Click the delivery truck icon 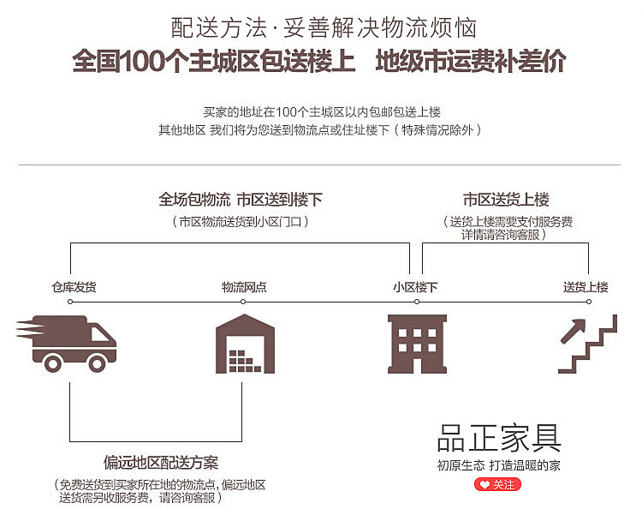click(67, 343)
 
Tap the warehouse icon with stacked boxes click(244, 344)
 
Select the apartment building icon click(417, 344)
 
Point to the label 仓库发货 click(74, 287)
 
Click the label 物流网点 click(244, 287)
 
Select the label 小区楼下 click(415, 287)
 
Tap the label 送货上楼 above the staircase click(586, 287)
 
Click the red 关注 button click(497, 485)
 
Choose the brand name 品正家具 click(499, 438)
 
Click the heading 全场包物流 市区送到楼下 click(241, 200)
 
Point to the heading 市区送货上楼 click(506, 200)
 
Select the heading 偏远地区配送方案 click(161, 463)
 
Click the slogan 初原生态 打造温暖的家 click(499, 466)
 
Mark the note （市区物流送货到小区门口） click(241, 221)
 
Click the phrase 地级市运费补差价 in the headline click(471, 63)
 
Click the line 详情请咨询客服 click(505, 234)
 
